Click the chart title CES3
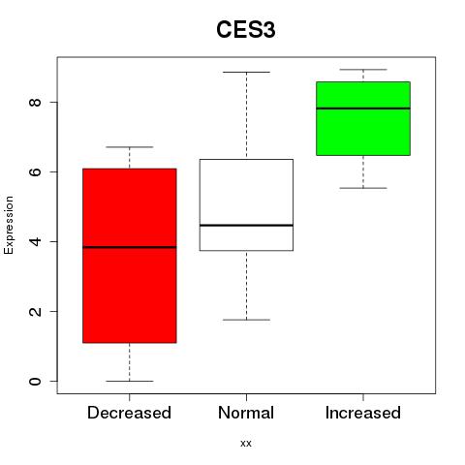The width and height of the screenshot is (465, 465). [x=246, y=30]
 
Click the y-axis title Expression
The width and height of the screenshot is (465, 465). [x=9, y=225]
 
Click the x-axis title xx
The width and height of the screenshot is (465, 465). [x=246, y=444]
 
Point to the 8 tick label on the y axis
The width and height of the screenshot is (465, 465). [x=35, y=103]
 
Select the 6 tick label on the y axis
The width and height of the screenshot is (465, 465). [x=35, y=171]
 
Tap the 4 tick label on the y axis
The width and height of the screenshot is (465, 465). [x=35, y=241]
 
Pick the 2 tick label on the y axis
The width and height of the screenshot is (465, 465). [x=35, y=311]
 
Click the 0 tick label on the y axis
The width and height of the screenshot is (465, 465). [x=35, y=381]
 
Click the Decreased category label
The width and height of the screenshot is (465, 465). [x=129, y=413]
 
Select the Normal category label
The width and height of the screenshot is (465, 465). [x=246, y=413]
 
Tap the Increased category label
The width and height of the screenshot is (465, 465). [x=363, y=413]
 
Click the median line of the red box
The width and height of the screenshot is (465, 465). [x=130, y=247]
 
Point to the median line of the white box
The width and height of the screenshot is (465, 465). [x=246, y=225]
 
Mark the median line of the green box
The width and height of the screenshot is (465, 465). [x=363, y=108]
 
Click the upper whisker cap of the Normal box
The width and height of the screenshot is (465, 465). [x=246, y=72]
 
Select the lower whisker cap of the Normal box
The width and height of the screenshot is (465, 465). [x=246, y=320]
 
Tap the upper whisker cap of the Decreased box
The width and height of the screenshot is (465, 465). [x=130, y=147]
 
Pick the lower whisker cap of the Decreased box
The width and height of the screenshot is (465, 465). [x=130, y=381]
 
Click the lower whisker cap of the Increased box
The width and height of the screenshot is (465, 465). [x=363, y=188]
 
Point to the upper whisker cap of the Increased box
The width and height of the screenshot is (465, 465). [x=363, y=70]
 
